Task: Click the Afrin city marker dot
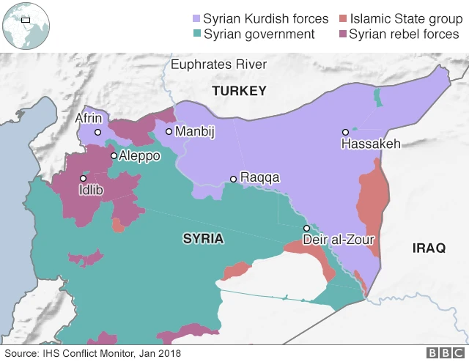point(97,133)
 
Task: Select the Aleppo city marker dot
point(113,155)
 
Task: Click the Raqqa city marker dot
point(233,179)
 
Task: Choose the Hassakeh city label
point(371,144)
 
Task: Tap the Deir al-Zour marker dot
point(307,228)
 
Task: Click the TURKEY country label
point(239,91)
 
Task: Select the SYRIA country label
point(203,239)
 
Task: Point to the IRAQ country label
point(429,248)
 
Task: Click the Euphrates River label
point(218,65)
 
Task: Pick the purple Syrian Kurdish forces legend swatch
point(194,18)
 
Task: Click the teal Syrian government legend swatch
point(194,34)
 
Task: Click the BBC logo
point(444,353)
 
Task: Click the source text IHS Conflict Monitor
point(92,353)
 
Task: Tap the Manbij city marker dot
point(169,132)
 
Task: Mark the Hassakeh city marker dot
point(344,133)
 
